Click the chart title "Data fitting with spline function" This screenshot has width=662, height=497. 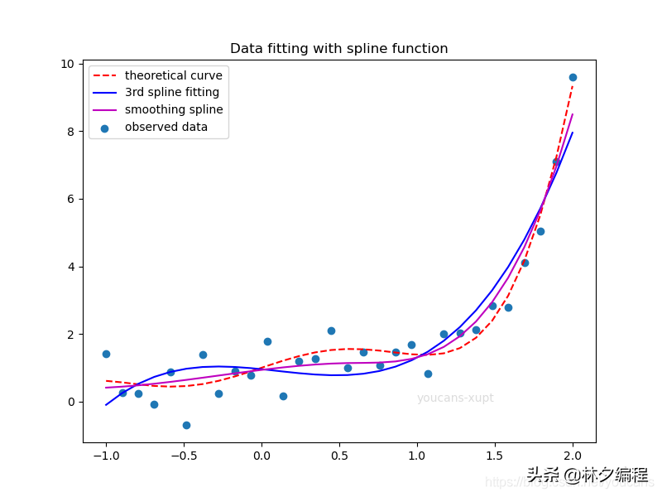click(338, 49)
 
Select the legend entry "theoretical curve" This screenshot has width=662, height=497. click(173, 75)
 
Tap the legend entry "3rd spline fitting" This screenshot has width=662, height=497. click(171, 93)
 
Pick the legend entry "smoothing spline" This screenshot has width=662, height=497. click(173, 109)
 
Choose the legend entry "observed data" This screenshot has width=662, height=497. click(165, 127)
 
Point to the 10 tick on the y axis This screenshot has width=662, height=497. click(67, 64)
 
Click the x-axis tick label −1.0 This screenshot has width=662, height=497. click(105, 455)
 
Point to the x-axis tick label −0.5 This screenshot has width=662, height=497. click(183, 455)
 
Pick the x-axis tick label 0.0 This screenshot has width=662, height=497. click(261, 455)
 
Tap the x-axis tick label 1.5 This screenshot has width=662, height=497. click(495, 455)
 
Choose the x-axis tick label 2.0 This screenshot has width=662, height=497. click(573, 455)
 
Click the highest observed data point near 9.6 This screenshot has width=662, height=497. click(573, 77)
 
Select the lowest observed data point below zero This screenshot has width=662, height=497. click(186, 425)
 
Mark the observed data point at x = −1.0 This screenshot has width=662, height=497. click(106, 354)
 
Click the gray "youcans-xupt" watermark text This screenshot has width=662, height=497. click(455, 398)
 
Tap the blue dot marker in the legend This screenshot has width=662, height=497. click(104, 128)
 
